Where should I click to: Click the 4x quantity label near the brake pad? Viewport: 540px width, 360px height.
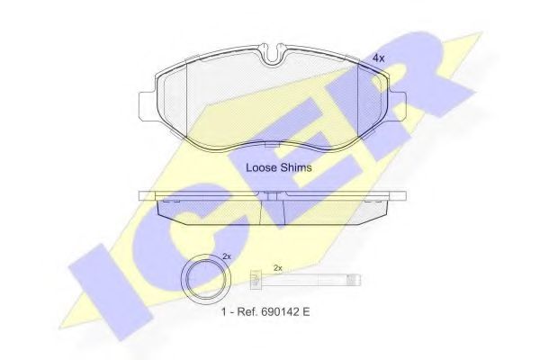click(379, 58)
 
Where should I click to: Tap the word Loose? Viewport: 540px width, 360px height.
click(261, 167)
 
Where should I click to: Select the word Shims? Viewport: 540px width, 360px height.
click(296, 167)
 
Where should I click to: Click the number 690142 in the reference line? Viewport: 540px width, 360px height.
click(280, 311)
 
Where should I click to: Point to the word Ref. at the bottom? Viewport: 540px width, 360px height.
click(247, 311)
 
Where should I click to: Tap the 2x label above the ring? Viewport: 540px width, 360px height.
click(226, 256)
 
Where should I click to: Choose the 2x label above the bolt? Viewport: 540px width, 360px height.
click(277, 267)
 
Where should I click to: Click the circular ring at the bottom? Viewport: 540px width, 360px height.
click(205, 280)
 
